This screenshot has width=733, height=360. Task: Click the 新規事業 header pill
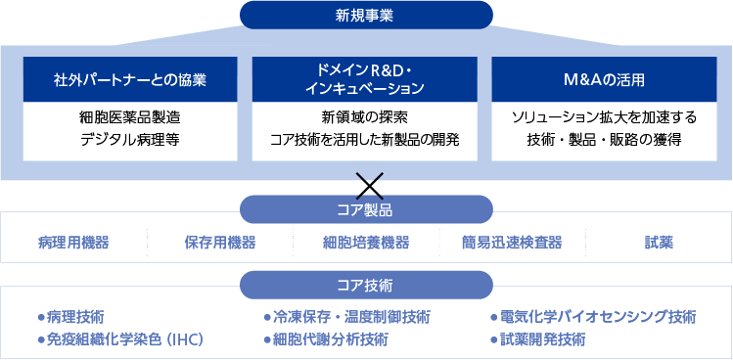pos(366,14)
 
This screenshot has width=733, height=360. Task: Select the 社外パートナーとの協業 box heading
pos(130,78)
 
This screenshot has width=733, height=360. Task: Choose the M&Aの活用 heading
pos(605,78)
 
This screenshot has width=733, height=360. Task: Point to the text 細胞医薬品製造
pos(130,118)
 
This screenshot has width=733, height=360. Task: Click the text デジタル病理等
pos(130,140)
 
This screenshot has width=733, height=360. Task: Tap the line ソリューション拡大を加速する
pos(605,118)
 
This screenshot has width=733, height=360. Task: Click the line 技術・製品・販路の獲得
pos(605,140)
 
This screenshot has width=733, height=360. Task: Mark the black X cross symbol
pos(369,183)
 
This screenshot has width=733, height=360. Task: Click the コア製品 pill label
pos(366,209)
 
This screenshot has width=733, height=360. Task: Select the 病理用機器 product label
pos(73,243)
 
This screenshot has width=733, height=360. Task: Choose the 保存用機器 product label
pos(219,243)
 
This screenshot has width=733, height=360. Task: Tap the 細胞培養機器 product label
pos(366,243)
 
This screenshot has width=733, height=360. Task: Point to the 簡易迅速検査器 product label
pos(513,243)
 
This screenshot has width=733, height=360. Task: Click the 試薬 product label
pos(659,243)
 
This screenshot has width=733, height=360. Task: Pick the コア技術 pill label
pos(366,286)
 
